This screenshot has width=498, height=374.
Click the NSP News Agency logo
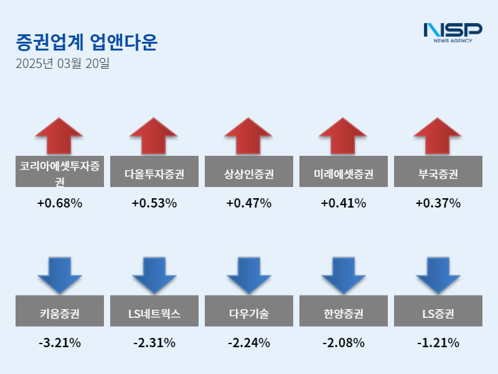point(453,32)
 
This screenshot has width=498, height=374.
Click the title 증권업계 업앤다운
point(87,42)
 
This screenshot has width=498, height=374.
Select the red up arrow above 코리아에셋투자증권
point(59,135)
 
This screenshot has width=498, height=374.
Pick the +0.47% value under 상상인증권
point(249,203)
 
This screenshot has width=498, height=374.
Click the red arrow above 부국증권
point(438,135)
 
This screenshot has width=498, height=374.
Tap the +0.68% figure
point(60,203)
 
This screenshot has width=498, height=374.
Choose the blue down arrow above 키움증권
point(59,274)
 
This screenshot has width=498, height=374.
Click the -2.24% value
point(249,343)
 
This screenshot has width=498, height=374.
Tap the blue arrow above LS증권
point(438,274)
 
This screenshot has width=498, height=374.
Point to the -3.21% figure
point(60,343)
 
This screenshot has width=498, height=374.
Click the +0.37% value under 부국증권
point(438,203)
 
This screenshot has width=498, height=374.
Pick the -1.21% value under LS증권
point(438,343)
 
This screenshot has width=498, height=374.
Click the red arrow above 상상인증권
point(248,135)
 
